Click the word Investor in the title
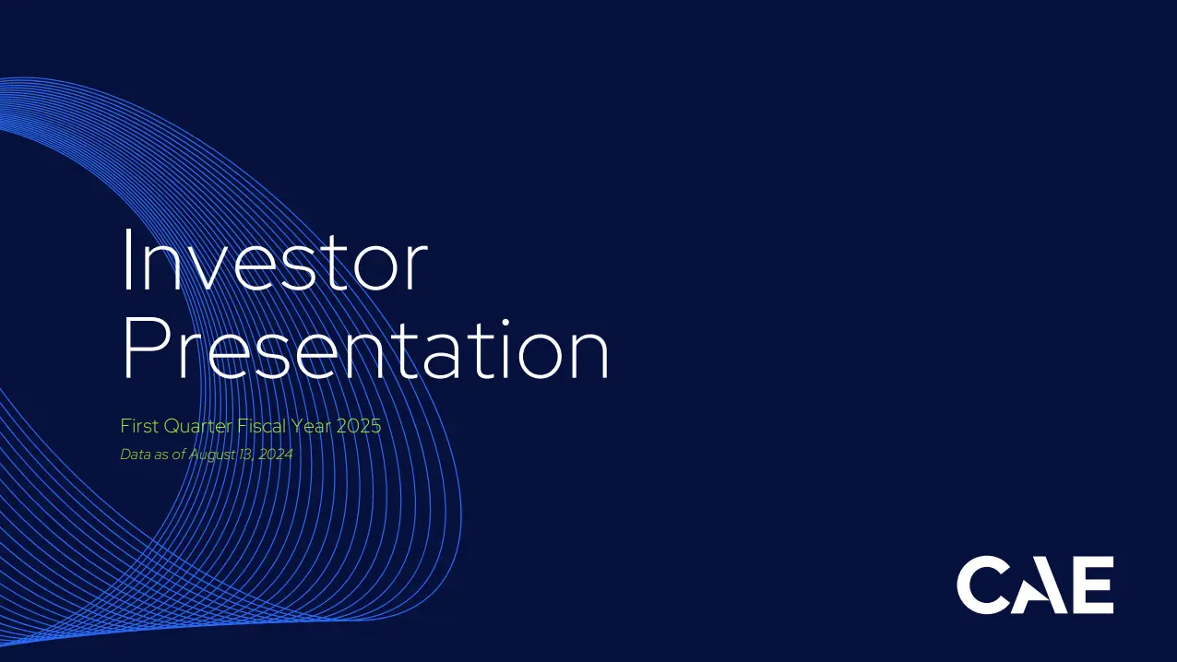pos(275,260)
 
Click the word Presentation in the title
pos(366,349)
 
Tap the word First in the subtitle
pos(140,426)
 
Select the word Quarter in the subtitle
pos(198,426)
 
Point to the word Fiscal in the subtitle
pos(262,426)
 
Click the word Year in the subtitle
pos(311,426)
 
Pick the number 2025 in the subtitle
pos(358,426)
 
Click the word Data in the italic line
pos(136,454)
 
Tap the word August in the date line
pos(211,455)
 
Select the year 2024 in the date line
pos(275,454)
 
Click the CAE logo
pos(1035,585)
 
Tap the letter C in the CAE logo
pos(981,585)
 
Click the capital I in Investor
pos(127,260)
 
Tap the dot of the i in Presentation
pos(505,322)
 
